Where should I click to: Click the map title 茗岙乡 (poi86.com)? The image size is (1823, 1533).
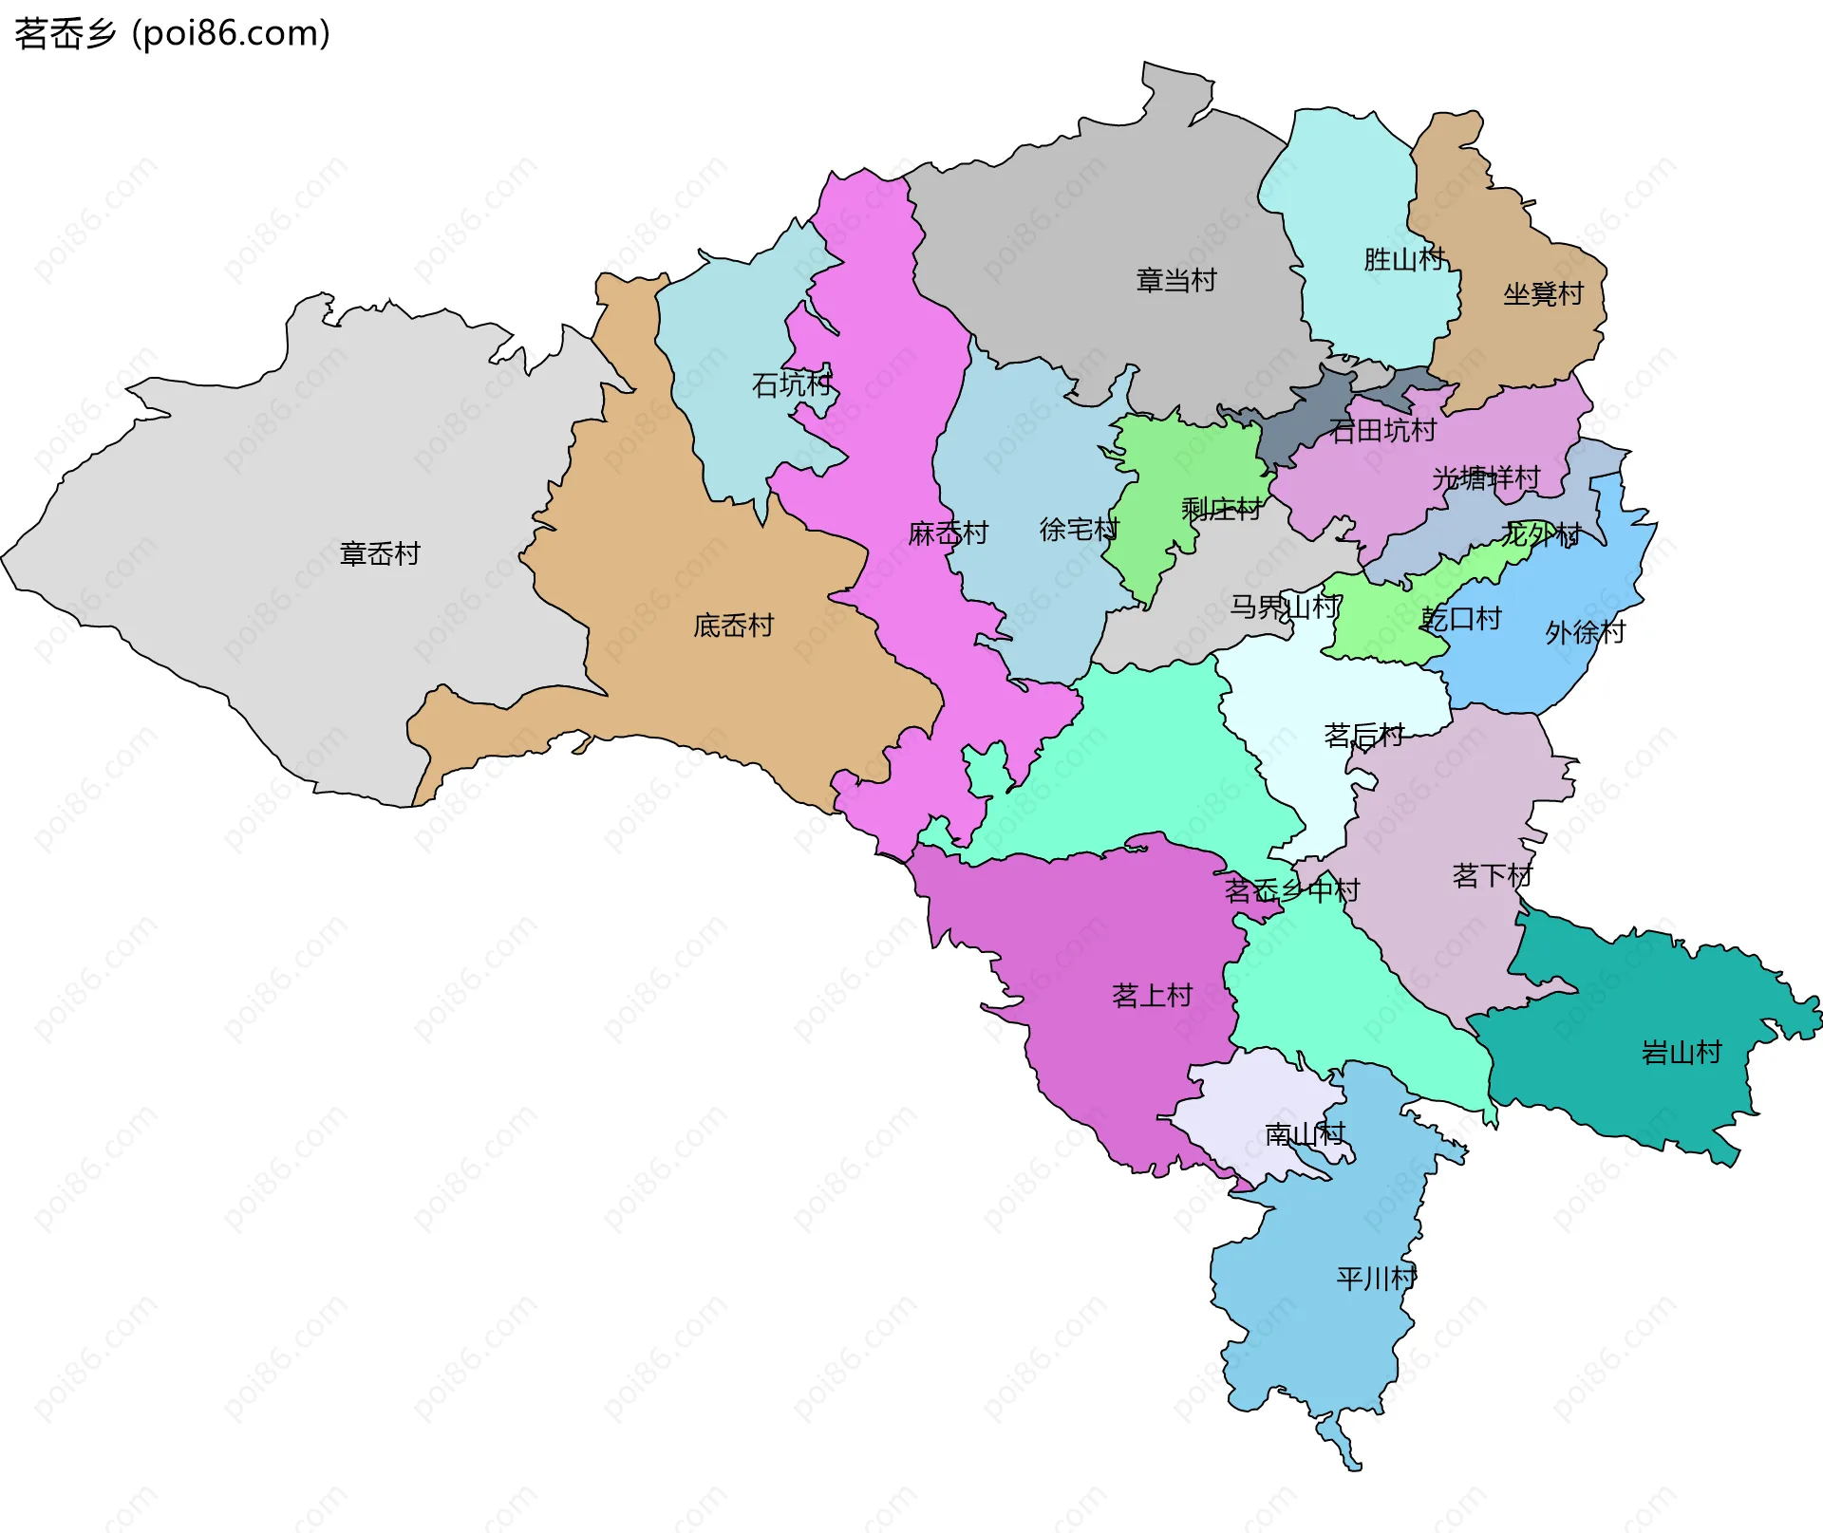pyautogui.click(x=172, y=34)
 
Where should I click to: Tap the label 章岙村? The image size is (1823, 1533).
pyautogui.click(x=380, y=554)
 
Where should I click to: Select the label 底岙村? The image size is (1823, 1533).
pyautogui.click(x=733, y=626)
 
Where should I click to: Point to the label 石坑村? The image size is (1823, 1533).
pyautogui.click(x=791, y=384)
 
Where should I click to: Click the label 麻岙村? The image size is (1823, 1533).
pyautogui.click(x=948, y=533)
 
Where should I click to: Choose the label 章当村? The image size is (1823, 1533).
pyautogui.click(x=1175, y=281)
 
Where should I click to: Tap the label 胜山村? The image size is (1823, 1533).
pyautogui.click(x=1403, y=259)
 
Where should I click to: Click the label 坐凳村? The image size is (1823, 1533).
pyautogui.click(x=1543, y=294)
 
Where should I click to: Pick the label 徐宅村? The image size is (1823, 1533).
pyautogui.click(x=1079, y=530)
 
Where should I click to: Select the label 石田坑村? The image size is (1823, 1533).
pyautogui.click(x=1382, y=431)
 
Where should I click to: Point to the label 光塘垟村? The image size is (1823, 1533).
pyautogui.click(x=1485, y=478)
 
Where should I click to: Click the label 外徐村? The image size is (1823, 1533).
pyautogui.click(x=1585, y=632)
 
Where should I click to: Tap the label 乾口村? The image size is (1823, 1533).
pyautogui.click(x=1461, y=620)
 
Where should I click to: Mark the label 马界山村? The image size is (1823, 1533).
pyautogui.click(x=1285, y=607)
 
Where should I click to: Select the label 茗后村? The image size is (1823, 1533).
pyautogui.click(x=1363, y=736)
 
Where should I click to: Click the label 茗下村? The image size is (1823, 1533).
pyautogui.click(x=1492, y=875)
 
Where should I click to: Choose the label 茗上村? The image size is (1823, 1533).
pyautogui.click(x=1152, y=996)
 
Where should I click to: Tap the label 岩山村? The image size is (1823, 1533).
pyautogui.click(x=1681, y=1053)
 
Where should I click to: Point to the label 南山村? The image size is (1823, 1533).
pyautogui.click(x=1305, y=1134)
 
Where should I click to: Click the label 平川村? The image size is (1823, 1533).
pyautogui.click(x=1376, y=1279)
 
